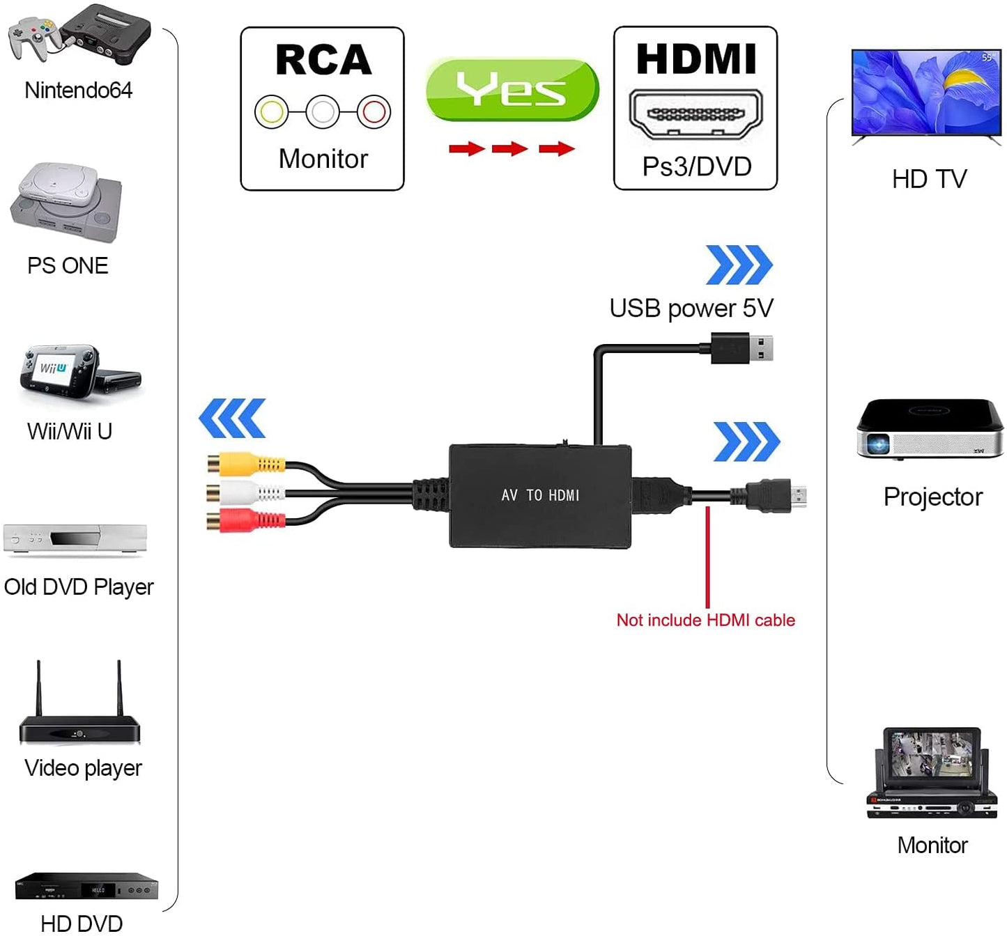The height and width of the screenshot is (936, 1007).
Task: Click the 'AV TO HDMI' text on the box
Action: (540, 495)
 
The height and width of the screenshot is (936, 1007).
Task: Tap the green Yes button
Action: (512, 90)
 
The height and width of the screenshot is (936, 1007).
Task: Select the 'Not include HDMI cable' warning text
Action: (705, 620)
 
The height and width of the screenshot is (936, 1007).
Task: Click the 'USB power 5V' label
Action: (691, 308)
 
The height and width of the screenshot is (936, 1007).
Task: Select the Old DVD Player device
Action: (75, 539)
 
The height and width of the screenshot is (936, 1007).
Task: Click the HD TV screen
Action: (926, 91)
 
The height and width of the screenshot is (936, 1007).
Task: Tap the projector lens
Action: (878, 443)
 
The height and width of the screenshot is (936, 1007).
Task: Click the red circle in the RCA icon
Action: (374, 111)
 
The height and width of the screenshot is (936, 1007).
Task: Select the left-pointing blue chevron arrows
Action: (232, 418)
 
